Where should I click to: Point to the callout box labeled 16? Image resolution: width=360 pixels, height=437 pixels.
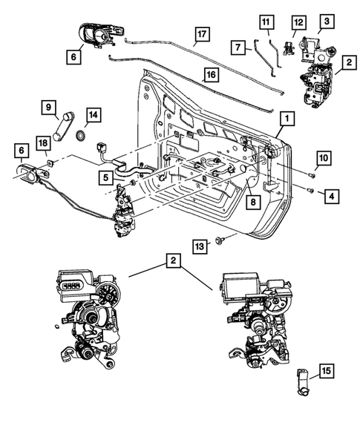click(x=211, y=75)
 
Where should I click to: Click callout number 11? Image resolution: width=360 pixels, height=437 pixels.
click(x=266, y=22)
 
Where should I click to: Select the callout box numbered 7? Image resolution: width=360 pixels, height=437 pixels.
click(x=239, y=47)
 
